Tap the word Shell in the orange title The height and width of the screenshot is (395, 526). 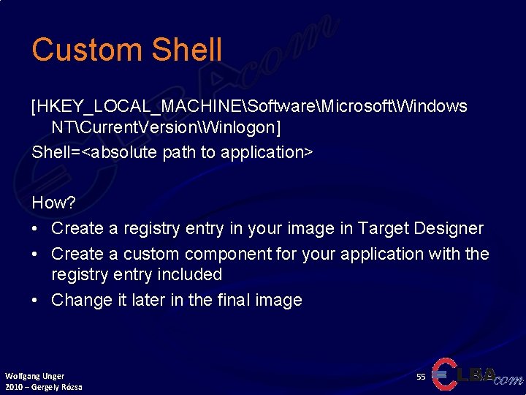(187, 50)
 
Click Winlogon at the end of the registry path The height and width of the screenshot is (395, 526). (237, 127)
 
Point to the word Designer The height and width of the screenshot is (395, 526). (449, 228)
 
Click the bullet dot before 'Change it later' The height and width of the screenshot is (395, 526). (36, 301)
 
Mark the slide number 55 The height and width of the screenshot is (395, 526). (421, 376)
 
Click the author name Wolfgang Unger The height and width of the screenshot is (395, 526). (34, 376)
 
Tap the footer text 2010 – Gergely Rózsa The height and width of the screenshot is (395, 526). (43, 386)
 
